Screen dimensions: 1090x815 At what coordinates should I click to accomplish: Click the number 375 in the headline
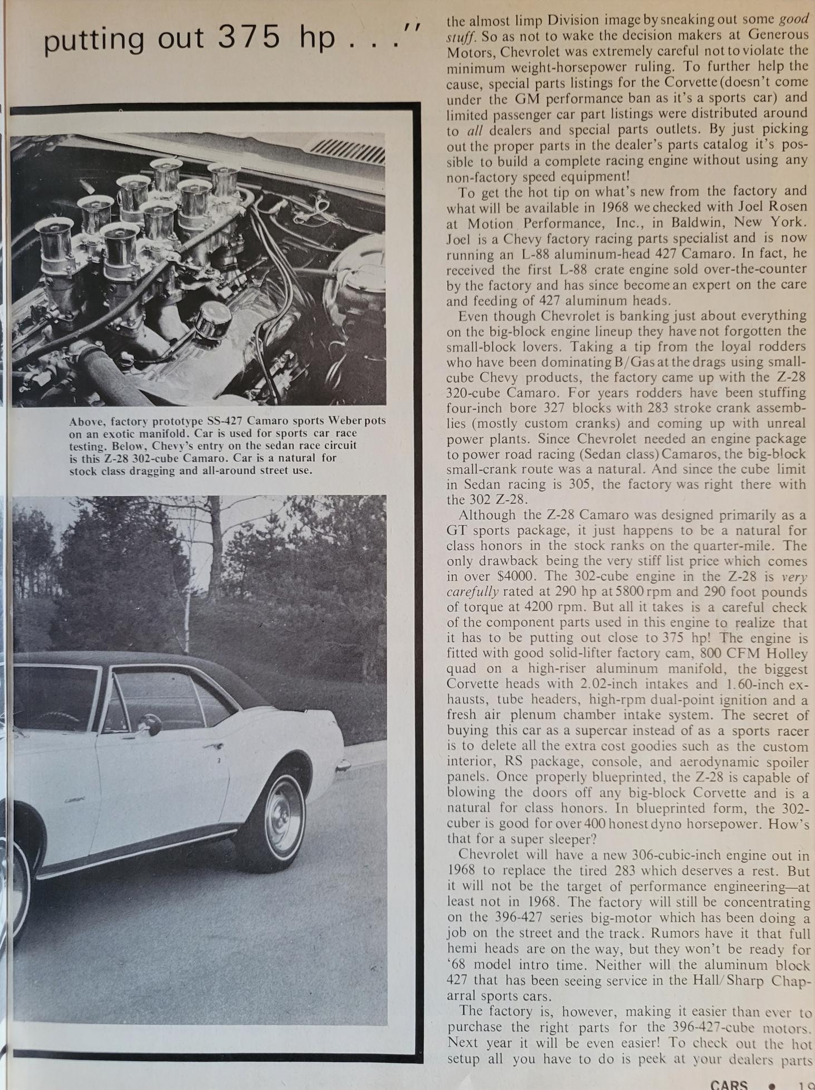point(248,38)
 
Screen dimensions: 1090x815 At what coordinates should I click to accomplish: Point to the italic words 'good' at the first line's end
point(793,19)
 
